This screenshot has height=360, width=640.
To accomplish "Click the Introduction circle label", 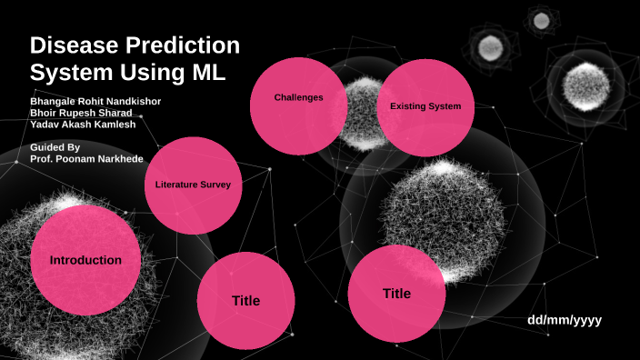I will (x=85, y=261).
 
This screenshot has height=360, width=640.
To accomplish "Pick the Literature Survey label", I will (x=193, y=185).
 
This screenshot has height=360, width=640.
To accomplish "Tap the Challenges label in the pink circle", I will (x=298, y=97).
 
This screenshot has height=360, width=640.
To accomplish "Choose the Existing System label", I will (x=425, y=106).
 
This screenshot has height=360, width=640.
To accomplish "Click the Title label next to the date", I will (x=396, y=294).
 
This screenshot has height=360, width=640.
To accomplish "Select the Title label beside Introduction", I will (x=245, y=301).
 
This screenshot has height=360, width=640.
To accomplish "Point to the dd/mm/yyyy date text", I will (x=565, y=320).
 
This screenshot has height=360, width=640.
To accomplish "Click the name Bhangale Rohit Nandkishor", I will (x=95, y=101).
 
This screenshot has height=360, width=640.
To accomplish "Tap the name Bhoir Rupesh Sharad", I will (x=83, y=113).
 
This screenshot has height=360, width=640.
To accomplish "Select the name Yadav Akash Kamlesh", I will (x=84, y=125).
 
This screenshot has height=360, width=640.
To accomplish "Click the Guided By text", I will (x=55, y=146).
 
